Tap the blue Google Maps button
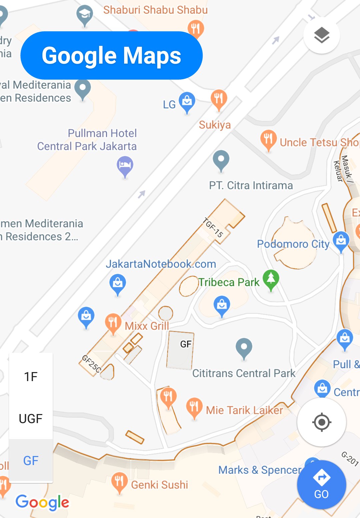tap(111, 55)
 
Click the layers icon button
tap(321, 35)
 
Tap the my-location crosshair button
tap(321, 422)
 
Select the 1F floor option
tap(31, 377)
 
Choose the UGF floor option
tap(31, 418)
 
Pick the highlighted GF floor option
tap(31, 461)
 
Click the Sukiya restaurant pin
tap(219, 99)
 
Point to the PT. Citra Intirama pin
tap(221, 160)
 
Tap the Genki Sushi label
tap(159, 485)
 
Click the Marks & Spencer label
tap(260, 470)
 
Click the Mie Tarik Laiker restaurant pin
tap(194, 407)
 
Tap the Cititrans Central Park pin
tap(244, 347)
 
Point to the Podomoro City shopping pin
tap(341, 241)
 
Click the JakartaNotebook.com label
tap(161, 264)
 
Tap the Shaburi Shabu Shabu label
tap(155, 10)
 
